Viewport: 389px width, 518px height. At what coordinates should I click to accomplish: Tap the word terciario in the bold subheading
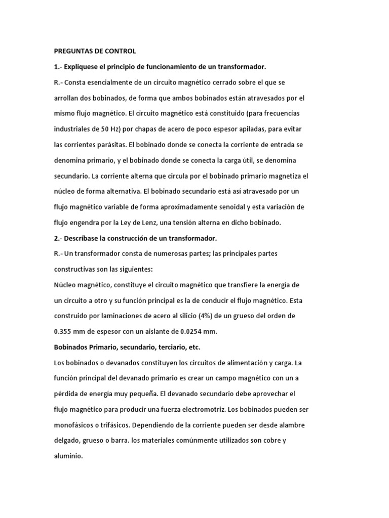pos(161,348)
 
